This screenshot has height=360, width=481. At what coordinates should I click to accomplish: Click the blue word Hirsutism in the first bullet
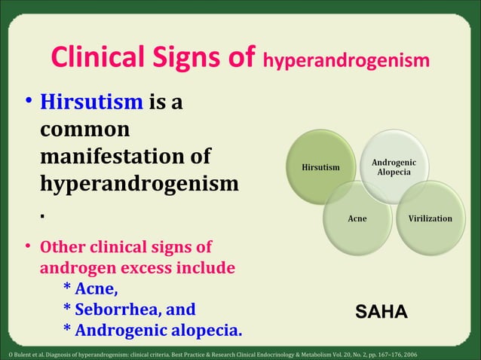91,102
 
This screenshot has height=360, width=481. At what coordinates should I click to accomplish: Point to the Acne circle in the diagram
357,218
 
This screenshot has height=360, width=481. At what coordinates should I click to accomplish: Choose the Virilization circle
430,218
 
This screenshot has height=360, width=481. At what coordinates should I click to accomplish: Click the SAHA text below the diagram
381,312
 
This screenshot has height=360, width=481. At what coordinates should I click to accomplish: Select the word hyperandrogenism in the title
347,59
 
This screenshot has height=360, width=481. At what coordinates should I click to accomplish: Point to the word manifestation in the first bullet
125,157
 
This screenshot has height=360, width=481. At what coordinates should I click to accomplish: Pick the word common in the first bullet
84,130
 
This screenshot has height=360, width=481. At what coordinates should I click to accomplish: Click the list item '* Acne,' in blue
90,289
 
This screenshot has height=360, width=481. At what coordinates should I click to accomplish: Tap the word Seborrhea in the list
116,310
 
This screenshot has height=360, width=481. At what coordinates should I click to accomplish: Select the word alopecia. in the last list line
207,330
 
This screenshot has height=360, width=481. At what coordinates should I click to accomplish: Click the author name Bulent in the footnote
20,354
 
